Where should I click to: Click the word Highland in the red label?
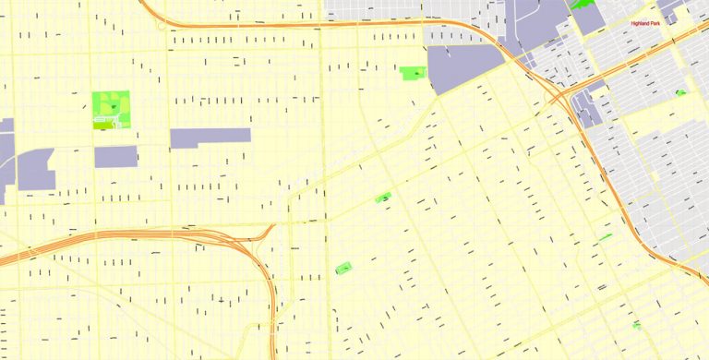click(x=640, y=23)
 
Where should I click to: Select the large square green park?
click(x=111, y=108)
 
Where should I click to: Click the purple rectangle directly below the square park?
click(x=115, y=156)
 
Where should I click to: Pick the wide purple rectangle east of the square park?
click(x=210, y=138)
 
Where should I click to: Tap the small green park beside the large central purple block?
click(x=411, y=72)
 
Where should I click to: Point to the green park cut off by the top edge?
click(x=583, y=4)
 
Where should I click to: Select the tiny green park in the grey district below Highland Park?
click(x=680, y=92)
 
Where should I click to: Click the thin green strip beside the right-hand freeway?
click(x=606, y=237)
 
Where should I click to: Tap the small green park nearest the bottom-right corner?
click(x=637, y=324)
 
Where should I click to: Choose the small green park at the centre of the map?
click(x=383, y=197)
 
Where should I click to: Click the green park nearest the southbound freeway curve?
click(x=343, y=269)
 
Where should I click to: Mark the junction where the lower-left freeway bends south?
click(x=268, y=235)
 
